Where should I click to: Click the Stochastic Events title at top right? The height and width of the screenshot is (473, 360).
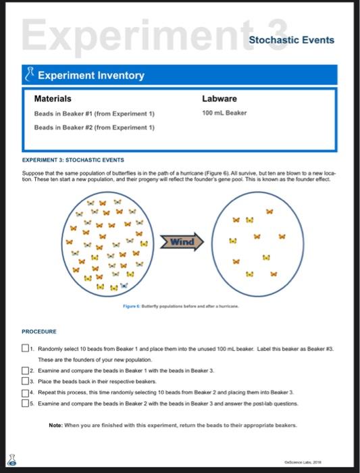291,40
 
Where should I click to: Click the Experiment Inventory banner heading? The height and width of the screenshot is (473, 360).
91,75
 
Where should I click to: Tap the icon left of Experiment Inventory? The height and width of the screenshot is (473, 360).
28,75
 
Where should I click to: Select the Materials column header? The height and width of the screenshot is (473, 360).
53,99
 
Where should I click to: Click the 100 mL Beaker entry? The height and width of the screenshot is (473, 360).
224,113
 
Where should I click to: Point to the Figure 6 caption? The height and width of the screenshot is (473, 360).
181,306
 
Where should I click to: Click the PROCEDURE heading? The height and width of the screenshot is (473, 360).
39,332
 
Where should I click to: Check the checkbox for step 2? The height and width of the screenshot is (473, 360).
25,372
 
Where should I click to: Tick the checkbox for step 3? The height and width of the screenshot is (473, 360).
25,382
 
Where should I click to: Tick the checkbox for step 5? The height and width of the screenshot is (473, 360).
25,403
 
